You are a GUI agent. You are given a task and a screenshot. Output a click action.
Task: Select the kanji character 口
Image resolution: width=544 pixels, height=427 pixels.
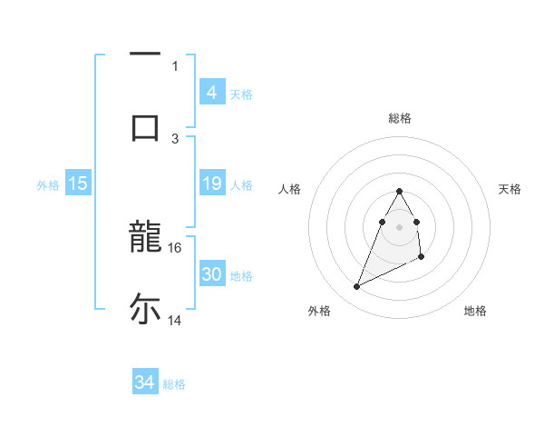pyautogui.click(x=145, y=126)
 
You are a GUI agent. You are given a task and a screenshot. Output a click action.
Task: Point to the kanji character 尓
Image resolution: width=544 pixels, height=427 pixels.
pyautogui.click(x=145, y=309)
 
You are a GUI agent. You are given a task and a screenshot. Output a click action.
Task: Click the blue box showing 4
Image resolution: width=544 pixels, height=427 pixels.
pyautogui.click(x=211, y=92)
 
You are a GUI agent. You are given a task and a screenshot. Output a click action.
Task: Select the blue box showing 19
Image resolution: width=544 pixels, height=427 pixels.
pyautogui.click(x=211, y=184)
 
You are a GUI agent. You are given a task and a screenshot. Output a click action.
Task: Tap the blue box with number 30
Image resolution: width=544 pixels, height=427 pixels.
pyautogui.click(x=211, y=274)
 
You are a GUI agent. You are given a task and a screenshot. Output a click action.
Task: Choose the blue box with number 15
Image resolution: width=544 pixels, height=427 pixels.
pyautogui.click(x=78, y=184)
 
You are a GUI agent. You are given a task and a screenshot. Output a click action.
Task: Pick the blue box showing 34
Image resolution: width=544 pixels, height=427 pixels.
pyautogui.click(x=144, y=382)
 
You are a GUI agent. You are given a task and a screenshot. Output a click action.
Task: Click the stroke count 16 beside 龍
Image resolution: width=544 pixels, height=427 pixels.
pyautogui.click(x=175, y=247)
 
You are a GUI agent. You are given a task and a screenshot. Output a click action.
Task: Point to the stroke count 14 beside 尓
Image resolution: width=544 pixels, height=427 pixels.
pyautogui.click(x=175, y=320)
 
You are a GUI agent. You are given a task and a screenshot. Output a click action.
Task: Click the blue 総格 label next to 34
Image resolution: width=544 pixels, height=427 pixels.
pyautogui.click(x=174, y=384)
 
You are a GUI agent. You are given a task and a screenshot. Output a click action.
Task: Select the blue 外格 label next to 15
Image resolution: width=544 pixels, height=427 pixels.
pyautogui.click(x=48, y=185)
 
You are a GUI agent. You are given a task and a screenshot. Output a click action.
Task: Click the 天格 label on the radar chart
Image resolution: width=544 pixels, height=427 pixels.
pyautogui.click(x=510, y=189)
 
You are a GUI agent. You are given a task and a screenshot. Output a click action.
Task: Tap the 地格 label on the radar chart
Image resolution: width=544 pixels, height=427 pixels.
pyautogui.click(x=475, y=311)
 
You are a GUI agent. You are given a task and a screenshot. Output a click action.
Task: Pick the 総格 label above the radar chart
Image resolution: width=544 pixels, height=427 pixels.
pyautogui.click(x=400, y=118)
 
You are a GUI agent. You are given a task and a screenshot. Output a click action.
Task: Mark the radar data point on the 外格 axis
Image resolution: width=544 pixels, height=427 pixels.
pyautogui.click(x=356, y=287)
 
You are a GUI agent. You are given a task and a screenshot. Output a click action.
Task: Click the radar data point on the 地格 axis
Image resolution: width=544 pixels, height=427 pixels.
pyautogui.click(x=423, y=259)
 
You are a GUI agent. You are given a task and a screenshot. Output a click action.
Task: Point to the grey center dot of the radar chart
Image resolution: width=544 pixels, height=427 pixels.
pyautogui.click(x=399, y=226)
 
